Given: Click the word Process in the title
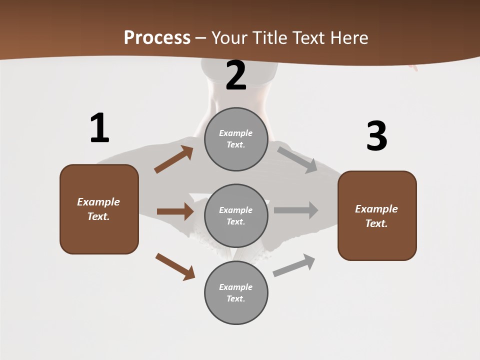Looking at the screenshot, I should pyautogui.click(x=157, y=38).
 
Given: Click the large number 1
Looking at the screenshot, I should pyautogui.click(x=99, y=128).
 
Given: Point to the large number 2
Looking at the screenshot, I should pyautogui.click(x=236, y=75).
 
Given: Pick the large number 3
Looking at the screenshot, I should pyautogui.click(x=376, y=136).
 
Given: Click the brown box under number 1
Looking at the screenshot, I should pyautogui.click(x=99, y=209).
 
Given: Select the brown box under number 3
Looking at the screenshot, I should pyautogui.click(x=377, y=216).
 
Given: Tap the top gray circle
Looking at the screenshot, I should pyautogui.click(x=236, y=139).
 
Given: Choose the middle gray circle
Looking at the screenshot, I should pyautogui.click(x=236, y=215).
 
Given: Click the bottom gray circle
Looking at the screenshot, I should pyautogui.click(x=236, y=292).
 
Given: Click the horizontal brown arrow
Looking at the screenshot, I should pyautogui.click(x=175, y=211).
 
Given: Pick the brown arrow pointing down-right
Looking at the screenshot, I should pyautogui.click(x=175, y=266).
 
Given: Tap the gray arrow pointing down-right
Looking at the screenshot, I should pyautogui.click(x=297, y=159).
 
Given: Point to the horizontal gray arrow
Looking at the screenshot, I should pyautogui.click(x=296, y=210).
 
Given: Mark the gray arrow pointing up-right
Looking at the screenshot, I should pyautogui.click(x=294, y=265).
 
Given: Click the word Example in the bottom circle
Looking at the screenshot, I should pyautogui.click(x=236, y=287).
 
